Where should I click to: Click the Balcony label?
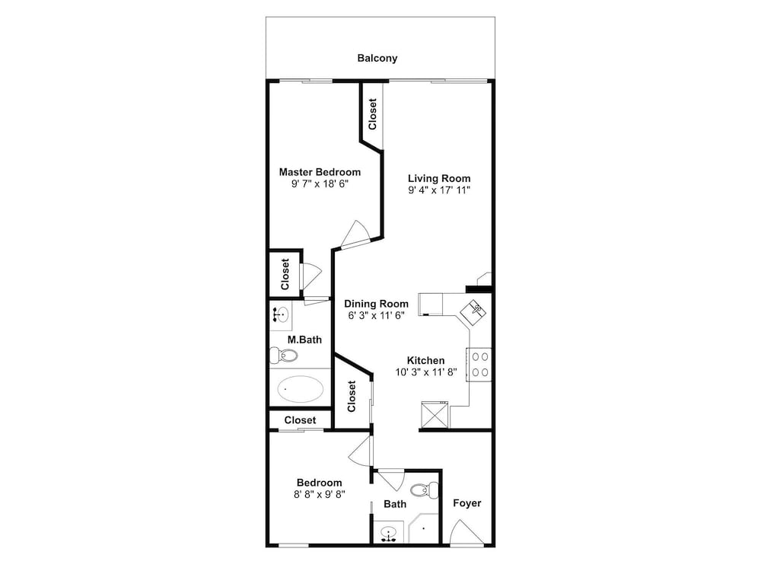coord(377,59)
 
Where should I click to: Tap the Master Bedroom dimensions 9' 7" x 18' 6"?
coord(320,183)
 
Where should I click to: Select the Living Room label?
coord(439,178)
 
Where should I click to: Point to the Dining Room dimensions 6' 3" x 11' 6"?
coord(376,316)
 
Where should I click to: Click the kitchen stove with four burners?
coord(479,365)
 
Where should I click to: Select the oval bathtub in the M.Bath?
coord(300,389)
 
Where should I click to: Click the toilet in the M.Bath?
coord(283,356)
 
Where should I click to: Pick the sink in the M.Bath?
coord(280,314)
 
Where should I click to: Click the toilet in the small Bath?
coord(425,490)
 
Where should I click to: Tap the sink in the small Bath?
coord(388,534)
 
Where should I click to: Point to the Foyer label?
coord(467,503)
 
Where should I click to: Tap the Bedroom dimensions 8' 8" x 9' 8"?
coord(320,494)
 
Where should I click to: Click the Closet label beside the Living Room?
coord(372,115)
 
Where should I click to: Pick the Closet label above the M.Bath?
coord(285,274)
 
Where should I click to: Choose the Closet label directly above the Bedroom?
coord(300,420)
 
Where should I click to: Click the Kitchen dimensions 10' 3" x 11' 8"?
coord(426,372)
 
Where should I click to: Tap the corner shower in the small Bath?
coord(422,530)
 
